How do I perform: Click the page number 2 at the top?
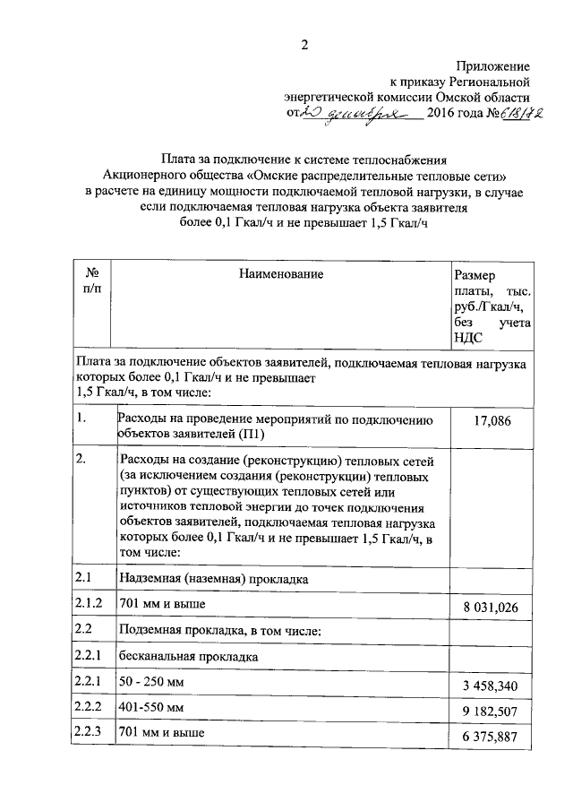(x=304, y=46)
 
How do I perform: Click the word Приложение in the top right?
(x=492, y=66)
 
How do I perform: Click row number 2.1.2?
(x=90, y=604)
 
